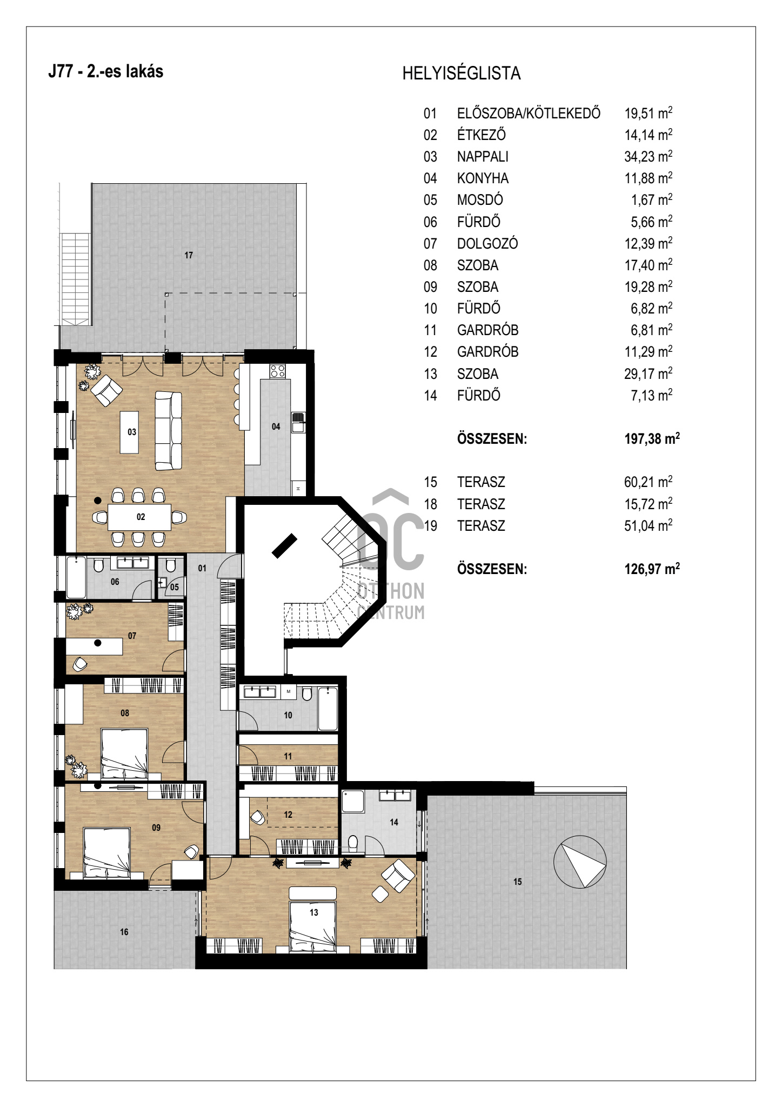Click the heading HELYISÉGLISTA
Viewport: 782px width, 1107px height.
(462, 73)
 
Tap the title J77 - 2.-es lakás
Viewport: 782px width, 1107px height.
(106, 71)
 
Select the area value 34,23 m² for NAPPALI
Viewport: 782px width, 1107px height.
(649, 156)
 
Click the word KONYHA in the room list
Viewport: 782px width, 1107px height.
(483, 178)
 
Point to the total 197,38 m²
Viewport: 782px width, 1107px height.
(652, 438)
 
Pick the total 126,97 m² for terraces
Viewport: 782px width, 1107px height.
(652, 569)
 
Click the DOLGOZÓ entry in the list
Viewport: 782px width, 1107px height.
(487, 244)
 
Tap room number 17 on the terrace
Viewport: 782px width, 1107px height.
(189, 255)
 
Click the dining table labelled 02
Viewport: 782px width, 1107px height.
(139, 517)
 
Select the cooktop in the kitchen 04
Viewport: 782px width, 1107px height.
(278, 371)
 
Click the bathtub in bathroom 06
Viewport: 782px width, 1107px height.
(76, 578)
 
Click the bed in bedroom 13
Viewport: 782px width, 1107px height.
(313, 919)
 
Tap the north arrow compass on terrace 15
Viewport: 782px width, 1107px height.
(580, 862)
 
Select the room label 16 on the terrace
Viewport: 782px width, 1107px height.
(124, 932)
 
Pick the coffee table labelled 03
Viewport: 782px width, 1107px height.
(129, 432)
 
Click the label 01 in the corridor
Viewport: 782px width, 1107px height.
(202, 568)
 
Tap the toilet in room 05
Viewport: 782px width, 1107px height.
(171, 565)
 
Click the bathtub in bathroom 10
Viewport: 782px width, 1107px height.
(328, 708)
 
